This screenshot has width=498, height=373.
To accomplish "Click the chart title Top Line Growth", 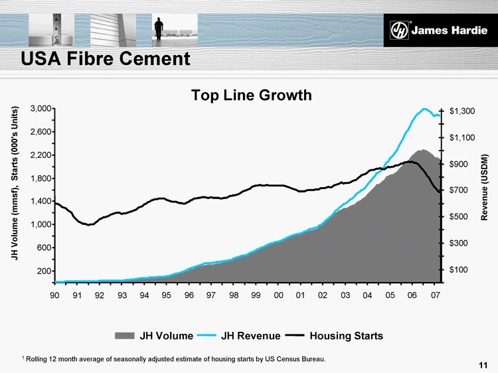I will click(251, 96).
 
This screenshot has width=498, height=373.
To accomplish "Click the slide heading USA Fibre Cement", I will click(106, 59).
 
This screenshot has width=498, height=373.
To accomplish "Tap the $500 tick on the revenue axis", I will click(461, 216).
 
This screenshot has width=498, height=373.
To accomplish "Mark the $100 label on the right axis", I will click(461, 269).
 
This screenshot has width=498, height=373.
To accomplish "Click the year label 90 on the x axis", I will click(55, 295).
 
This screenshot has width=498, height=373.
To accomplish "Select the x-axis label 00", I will click(278, 295).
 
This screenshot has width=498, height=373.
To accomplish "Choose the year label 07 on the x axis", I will click(435, 295).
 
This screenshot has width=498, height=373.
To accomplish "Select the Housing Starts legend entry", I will click(334, 336).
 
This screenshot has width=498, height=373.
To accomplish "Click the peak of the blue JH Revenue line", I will click(424, 109).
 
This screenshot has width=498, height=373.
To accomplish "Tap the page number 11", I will click(483, 364).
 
